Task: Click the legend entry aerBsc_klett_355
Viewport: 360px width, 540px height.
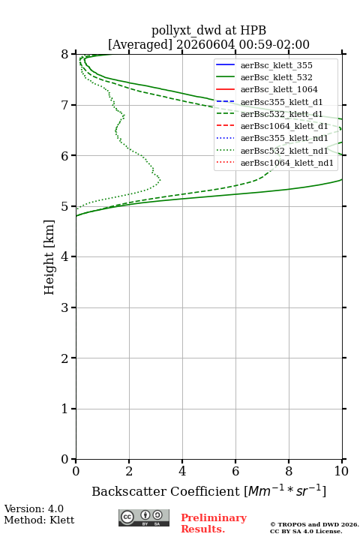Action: tap(276, 65)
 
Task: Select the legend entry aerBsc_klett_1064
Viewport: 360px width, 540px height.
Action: tap(279, 89)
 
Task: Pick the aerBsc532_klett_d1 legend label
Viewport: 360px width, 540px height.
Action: tap(281, 114)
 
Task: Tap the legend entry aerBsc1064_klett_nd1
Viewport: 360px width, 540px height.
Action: tap(287, 163)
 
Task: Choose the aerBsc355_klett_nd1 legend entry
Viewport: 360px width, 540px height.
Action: tap(284, 138)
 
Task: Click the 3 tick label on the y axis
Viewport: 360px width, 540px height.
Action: tap(64, 307)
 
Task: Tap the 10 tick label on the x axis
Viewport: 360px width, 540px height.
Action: tap(341, 471)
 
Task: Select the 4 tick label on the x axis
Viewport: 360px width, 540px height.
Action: tap(182, 471)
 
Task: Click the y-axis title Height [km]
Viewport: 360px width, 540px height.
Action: tap(49, 257)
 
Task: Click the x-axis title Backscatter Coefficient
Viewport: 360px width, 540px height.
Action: tap(166, 491)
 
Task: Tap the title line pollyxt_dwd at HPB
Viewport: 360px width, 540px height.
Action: tap(208, 30)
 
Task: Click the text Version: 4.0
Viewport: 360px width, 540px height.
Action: tap(34, 508)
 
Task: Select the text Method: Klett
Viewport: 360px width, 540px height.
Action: tap(39, 520)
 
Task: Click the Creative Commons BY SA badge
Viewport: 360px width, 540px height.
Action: tap(144, 517)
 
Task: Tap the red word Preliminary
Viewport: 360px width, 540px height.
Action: tap(214, 517)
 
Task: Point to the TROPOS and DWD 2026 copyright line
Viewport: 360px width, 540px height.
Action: tap(314, 524)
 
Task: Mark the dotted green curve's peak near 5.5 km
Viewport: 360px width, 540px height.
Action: tap(160, 179)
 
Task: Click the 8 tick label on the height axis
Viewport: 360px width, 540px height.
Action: tap(64, 54)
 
